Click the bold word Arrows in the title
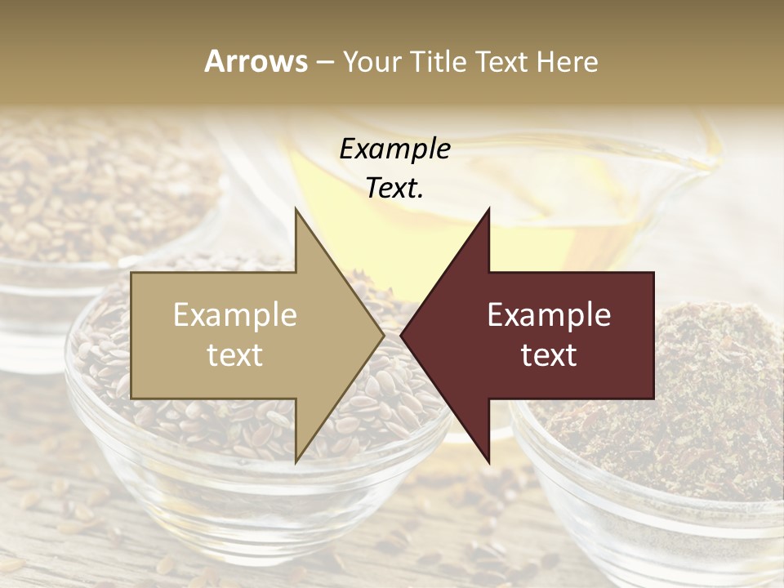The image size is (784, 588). [256, 61]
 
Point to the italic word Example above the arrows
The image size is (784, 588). [394, 149]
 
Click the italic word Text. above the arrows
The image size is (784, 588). [394, 188]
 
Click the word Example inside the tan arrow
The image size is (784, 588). [235, 315]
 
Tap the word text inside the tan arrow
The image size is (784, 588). [235, 355]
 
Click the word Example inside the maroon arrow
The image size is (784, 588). [549, 315]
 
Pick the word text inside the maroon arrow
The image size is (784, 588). [549, 355]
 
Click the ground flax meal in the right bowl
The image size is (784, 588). [702, 392]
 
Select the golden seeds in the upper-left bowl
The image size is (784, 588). [90, 196]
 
